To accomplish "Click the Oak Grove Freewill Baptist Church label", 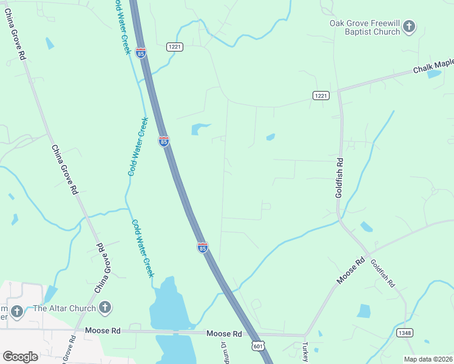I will [x=364, y=27].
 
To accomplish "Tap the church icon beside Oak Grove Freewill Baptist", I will [x=410, y=26].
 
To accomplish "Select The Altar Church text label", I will [x=64, y=308].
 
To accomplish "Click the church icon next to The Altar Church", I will [x=106, y=308].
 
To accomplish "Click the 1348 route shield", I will [x=405, y=333].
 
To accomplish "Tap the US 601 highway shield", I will [x=258, y=345].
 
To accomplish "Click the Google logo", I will [x=20, y=356].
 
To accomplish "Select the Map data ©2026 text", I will [x=428, y=359].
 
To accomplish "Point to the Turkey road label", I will [x=305, y=352].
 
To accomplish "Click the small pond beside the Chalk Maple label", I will [x=434, y=75].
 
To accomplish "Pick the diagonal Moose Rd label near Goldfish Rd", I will [x=351, y=271].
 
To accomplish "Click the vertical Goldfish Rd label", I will [x=339, y=178].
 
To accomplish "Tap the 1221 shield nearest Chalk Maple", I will [x=321, y=96].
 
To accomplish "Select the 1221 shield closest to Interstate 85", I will [x=175, y=46].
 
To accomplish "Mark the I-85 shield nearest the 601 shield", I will [x=203, y=248].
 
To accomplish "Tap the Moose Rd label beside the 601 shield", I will [x=224, y=334].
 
